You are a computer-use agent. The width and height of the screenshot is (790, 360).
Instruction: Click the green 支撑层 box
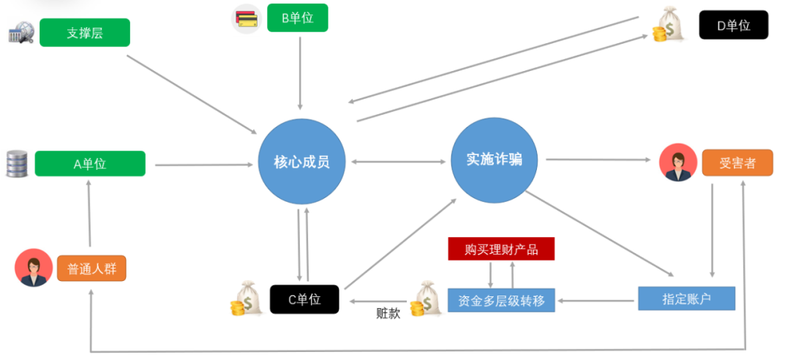click(x=85, y=33)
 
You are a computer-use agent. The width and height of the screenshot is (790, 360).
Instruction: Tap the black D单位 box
click(x=733, y=25)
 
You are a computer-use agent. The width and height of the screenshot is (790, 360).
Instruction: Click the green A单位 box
click(x=90, y=164)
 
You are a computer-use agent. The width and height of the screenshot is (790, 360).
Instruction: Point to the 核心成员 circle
click(x=301, y=162)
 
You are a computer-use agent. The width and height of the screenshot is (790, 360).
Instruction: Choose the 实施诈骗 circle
click(x=494, y=159)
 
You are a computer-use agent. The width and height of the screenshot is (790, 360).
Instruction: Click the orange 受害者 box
click(x=737, y=162)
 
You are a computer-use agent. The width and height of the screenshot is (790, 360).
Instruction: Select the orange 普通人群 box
click(x=91, y=269)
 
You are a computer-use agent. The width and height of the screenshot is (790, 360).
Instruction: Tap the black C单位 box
click(x=304, y=299)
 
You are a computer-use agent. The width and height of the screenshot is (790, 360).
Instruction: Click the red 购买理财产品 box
click(x=501, y=250)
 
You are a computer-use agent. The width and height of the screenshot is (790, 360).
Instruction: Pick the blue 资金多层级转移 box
click(x=501, y=299)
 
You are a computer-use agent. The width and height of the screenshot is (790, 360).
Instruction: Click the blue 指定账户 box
click(x=686, y=299)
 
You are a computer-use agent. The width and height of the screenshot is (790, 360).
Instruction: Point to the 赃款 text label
click(x=388, y=314)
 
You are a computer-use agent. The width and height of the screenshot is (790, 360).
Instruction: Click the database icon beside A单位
click(x=16, y=164)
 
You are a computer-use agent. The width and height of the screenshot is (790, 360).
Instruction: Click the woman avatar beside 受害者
click(x=677, y=162)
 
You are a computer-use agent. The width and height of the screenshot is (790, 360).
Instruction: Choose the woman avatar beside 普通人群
click(x=34, y=268)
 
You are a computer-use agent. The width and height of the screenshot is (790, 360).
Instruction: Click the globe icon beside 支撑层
click(x=21, y=33)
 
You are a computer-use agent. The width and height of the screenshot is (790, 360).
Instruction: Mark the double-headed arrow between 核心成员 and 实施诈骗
click(x=398, y=161)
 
